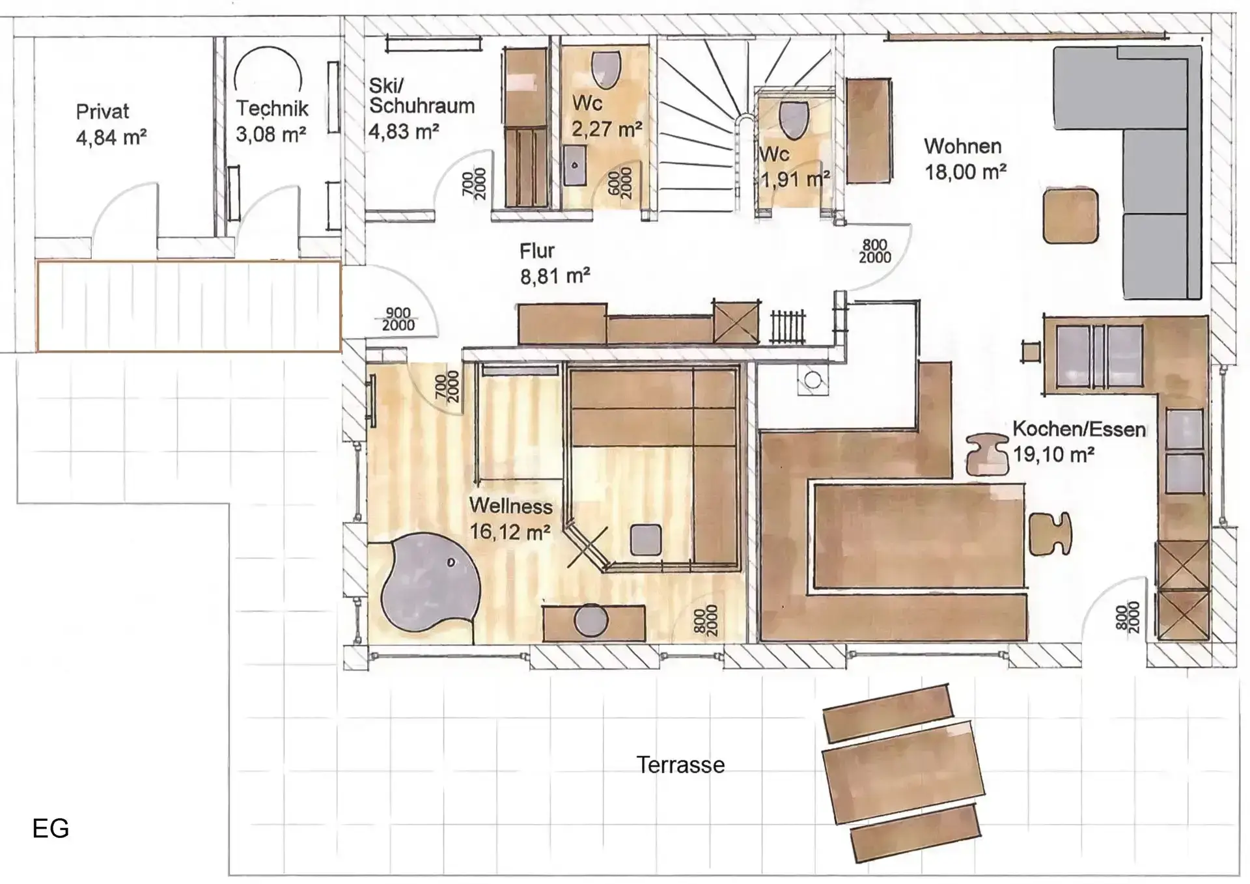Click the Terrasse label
[x=680, y=765]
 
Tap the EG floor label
[x=51, y=828]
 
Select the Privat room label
[x=102, y=111]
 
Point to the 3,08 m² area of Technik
[x=271, y=135]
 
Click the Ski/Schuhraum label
[x=421, y=96]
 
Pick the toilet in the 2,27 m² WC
[x=605, y=69]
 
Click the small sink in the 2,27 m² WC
[x=574, y=165]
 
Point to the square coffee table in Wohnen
[x=1070, y=215]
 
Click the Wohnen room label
[x=962, y=146]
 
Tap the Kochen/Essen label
[x=1079, y=430]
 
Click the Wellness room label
[x=510, y=506]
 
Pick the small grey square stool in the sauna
[x=646, y=540]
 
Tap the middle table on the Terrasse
[x=903, y=775]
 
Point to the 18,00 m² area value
[x=965, y=172]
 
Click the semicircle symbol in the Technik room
[x=268, y=68]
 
